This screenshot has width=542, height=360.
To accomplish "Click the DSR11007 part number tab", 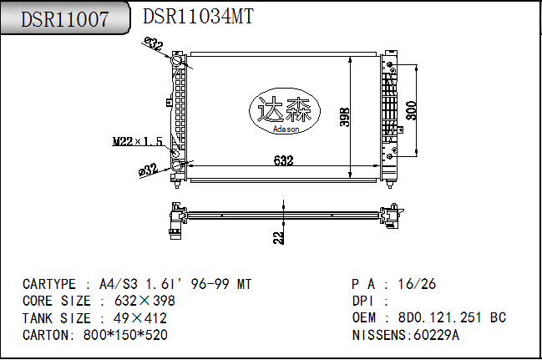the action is [65, 18].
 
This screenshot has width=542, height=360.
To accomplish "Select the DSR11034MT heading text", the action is [199, 16].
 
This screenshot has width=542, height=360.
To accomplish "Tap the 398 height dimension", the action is [345, 117].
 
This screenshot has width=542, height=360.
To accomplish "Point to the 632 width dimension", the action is [283, 160].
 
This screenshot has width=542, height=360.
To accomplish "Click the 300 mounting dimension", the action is [411, 110].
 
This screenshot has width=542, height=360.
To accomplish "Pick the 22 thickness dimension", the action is [279, 237].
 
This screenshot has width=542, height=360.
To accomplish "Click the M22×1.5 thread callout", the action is [138, 141].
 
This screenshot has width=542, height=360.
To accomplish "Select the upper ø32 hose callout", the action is [154, 44].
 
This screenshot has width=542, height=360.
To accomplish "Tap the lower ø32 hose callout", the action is [148, 170].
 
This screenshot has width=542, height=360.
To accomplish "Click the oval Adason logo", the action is [285, 111].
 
